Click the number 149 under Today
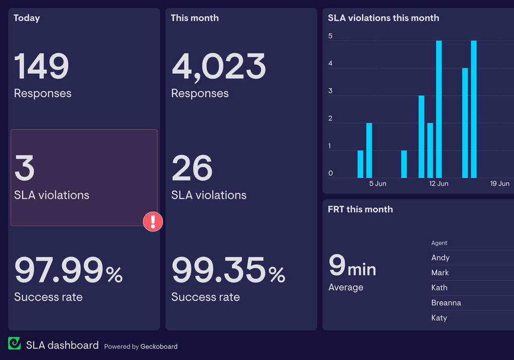coord(41,66)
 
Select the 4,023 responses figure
coord(218,66)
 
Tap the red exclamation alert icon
coord(153,222)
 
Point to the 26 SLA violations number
coord(192,168)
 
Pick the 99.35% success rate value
coord(228,270)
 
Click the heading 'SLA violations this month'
coord(383,18)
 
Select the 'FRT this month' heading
coord(360,209)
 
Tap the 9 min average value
coord(352,266)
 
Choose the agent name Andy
coord(440,258)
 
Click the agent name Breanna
coord(446,303)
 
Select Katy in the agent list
coord(439,318)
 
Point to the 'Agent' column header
coord(439,243)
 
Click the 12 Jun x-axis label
coord(439,184)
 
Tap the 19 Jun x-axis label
coord(500,184)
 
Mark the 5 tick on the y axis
coord(331,36)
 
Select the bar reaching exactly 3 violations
coord(421,136)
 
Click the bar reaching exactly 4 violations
coord(465,122)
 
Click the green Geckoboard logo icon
coord(14,344)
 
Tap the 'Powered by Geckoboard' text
coord(141,347)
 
